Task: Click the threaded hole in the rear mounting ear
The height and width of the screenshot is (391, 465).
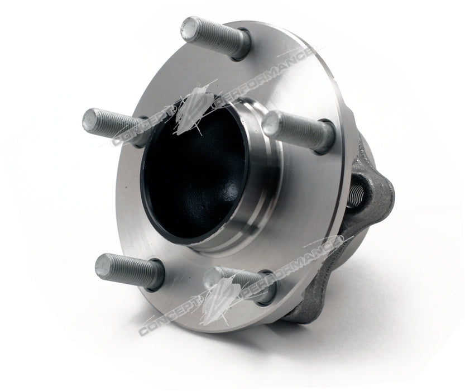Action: pos(359,195)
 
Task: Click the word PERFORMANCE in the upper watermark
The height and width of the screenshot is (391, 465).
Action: pos(268,78)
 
